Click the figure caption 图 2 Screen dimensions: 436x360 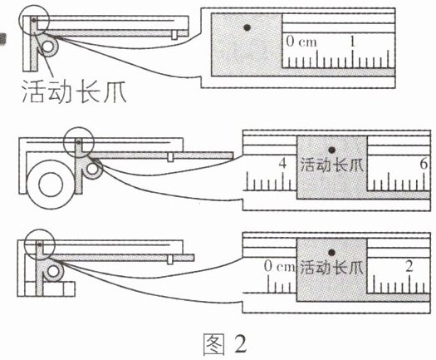click(x=225, y=344)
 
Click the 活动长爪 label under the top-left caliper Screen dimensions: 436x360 click(x=74, y=91)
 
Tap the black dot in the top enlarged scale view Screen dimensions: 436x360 click(x=247, y=27)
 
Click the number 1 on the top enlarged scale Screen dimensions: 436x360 click(x=352, y=42)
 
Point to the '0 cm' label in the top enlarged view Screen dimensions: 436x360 click(x=301, y=42)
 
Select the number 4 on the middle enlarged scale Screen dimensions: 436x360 click(x=282, y=164)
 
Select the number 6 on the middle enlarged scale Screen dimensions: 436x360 click(x=424, y=164)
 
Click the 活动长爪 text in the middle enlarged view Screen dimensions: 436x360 click(x=332, y=165)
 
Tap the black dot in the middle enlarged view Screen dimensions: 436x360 click(x=331, y=150)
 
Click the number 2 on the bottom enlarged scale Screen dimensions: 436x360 click(x=409, y=266)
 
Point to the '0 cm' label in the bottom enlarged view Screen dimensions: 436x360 click(x=279, y=266)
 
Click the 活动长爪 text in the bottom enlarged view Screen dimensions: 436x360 click(x=332, y=268)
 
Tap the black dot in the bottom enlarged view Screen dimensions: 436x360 click(x=331, y=253)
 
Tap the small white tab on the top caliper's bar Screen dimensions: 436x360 click(x=174, y=35)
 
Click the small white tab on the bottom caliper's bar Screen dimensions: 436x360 click(x=170, y=259)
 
